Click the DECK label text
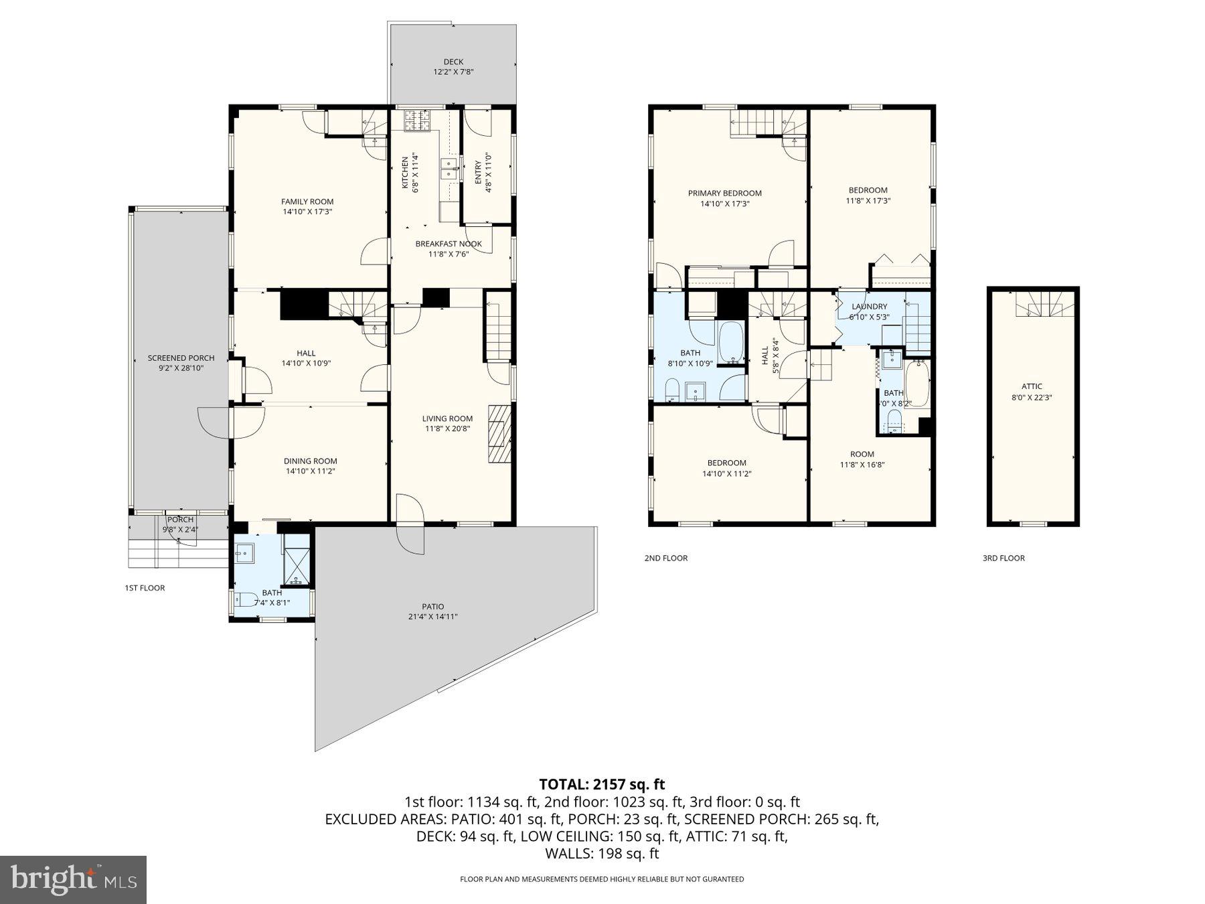tap(453, 62)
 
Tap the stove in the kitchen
tap(417, 121)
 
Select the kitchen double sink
tap(449, 169)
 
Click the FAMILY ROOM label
tap(307, 202)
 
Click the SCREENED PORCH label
tap(181, 358)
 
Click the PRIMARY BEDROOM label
tap(724, 194)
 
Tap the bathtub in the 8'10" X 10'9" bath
tap(730, 342)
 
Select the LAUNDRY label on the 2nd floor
tap(869, 307)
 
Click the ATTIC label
tap(1032, 386)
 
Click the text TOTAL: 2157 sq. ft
tap(602, 784)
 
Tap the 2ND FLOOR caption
tap(665, 558)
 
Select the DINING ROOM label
tap(310, 461)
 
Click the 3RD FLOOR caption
tap(1003, 558)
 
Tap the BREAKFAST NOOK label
tap(448, 244)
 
